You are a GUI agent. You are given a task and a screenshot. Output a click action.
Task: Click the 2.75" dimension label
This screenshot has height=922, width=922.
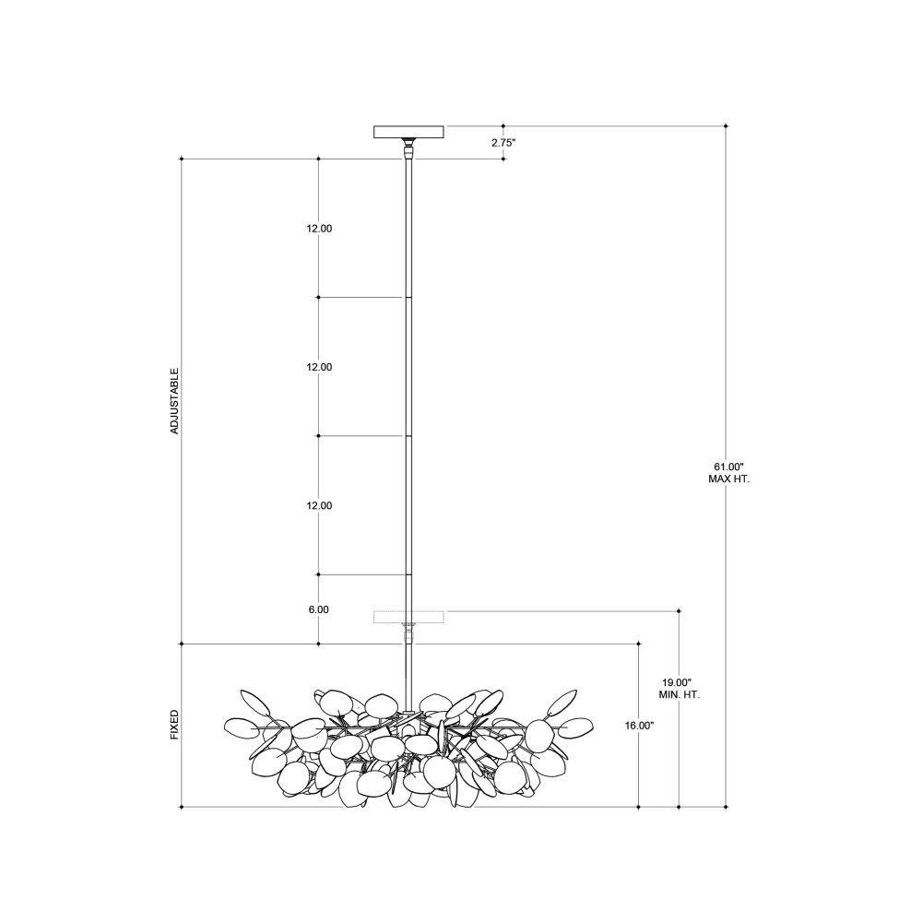tap(503, 142)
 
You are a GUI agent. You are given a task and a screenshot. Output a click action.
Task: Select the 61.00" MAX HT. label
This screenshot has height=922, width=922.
tap(728, 473)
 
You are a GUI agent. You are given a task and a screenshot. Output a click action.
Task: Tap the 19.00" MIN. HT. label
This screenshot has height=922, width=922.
tap(679, 689)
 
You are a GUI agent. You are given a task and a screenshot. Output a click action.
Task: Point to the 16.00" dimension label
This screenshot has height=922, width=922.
tap(639, 726)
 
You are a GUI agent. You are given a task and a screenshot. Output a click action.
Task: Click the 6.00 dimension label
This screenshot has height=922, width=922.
tap(318, 609)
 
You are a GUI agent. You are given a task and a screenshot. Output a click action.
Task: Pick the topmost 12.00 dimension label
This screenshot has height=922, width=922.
tap(319, 229)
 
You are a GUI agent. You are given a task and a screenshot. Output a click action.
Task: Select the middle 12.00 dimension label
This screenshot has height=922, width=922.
tap(319, 367)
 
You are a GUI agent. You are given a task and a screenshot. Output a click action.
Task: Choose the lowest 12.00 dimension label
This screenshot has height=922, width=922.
tap(319, 505)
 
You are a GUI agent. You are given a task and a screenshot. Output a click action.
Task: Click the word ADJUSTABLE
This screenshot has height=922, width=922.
tap(174, 401)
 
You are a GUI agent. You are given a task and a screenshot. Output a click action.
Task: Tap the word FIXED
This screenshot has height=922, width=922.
tap(174, 725)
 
